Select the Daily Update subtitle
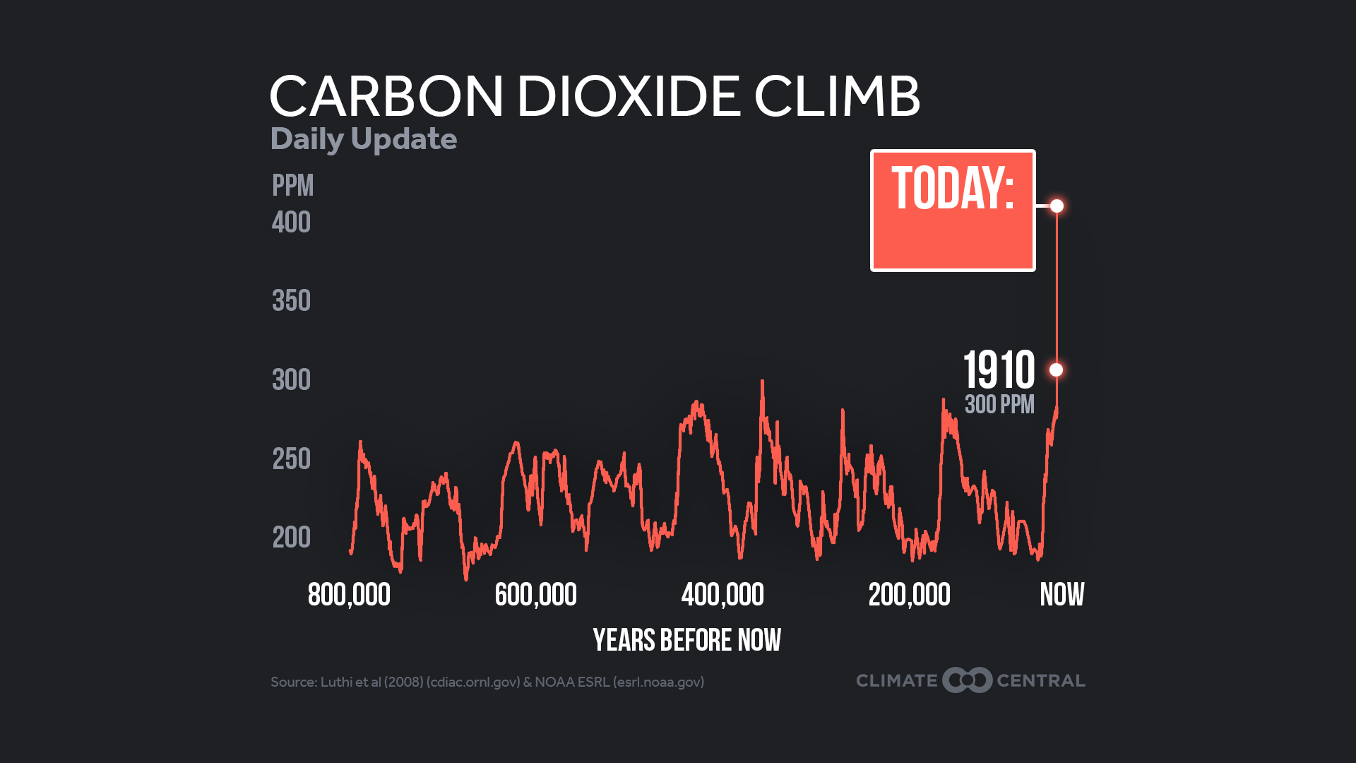[364, 139]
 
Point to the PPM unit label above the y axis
[292, 186]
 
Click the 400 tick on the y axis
[291, 223]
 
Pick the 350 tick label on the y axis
[291, 301]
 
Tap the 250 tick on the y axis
[291, 459]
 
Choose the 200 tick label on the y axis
[291, 538]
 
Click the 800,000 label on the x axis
[349, 595]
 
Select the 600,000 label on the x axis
[535, 595]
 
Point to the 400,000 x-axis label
[722, 595]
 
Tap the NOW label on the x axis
[1061, 595]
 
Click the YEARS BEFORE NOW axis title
[686, 641]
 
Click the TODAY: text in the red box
[953, 189]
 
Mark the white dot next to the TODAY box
[1057, 206]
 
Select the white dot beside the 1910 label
[1056, 369]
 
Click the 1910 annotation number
[999, 369]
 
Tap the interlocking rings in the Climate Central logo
[967, 680]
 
